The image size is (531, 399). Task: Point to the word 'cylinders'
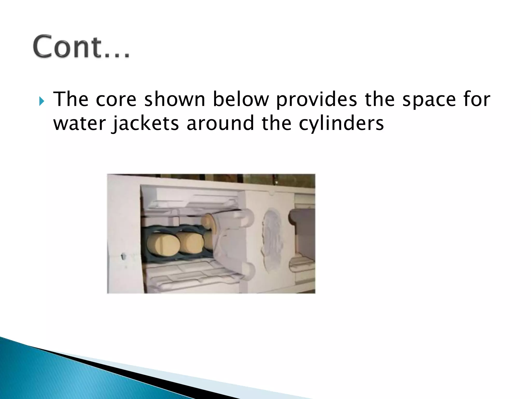click(341, 124)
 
